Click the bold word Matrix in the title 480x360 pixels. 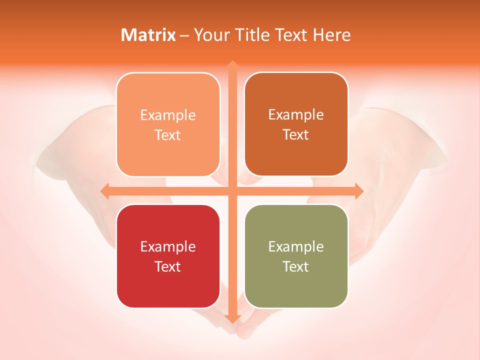(148, 35)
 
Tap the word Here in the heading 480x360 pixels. (332, 35)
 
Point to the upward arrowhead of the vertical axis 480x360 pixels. (232, 65)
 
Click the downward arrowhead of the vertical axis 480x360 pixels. (232, 318)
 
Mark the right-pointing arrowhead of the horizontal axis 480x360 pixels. (359, 191)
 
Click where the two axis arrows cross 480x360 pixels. (232, 191)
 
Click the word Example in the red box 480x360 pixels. (168, 246)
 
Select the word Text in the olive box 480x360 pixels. (296, 266)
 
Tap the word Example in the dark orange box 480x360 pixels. (296, 114)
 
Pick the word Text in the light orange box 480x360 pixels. (168, 135)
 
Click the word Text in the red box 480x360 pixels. (168, 266)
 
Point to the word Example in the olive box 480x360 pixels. (296, 246)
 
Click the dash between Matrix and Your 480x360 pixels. (184, 35)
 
